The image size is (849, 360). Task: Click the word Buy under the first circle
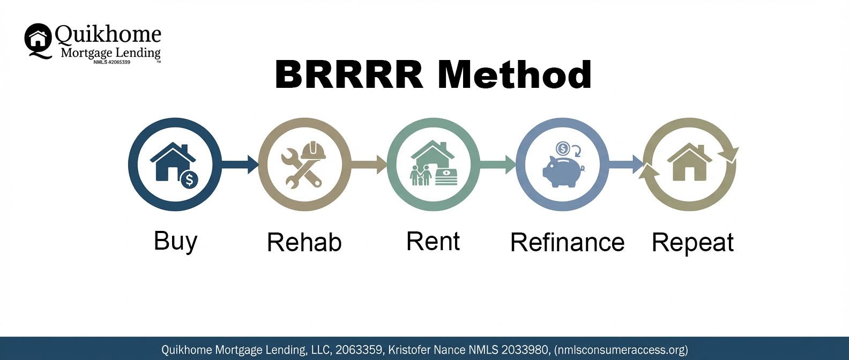175,241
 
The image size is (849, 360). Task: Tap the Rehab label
304,242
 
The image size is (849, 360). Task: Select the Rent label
433,241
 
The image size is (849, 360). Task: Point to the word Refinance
568,242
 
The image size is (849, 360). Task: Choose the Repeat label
692,243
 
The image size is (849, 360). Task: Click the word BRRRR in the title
349,74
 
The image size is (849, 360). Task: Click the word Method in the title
515,74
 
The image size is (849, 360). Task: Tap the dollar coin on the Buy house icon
190,179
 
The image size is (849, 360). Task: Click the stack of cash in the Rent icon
446,177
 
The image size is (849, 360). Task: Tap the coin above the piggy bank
563,148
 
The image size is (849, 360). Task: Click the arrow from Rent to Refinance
497,164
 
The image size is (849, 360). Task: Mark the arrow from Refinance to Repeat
625,164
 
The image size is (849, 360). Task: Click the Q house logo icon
38,41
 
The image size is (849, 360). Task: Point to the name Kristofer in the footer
409,349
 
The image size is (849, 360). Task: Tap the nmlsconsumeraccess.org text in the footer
621,349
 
